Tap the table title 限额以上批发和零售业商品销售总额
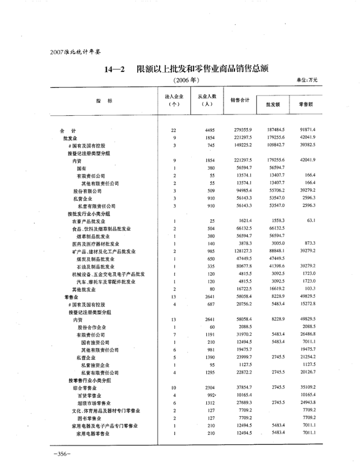(204, 69)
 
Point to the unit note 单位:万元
(308, 80)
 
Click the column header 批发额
(273, 104)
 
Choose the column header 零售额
(307, 104)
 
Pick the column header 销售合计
(240, 100)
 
